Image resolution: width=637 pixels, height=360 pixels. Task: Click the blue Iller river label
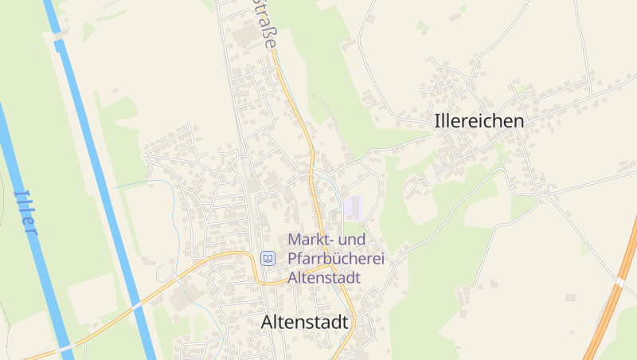tap(25, 212)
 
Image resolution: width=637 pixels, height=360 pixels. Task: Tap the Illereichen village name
tap(480, 121)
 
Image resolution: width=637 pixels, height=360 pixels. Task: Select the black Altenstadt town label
tap(305, 323)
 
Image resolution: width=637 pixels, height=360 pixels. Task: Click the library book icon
tap(268, 258)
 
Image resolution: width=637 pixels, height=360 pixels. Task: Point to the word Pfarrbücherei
tap(336, 259)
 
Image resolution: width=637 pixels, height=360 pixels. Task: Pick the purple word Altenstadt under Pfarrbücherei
tap(324, 278)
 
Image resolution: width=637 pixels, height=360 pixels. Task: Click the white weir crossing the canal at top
tap(58, 37)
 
